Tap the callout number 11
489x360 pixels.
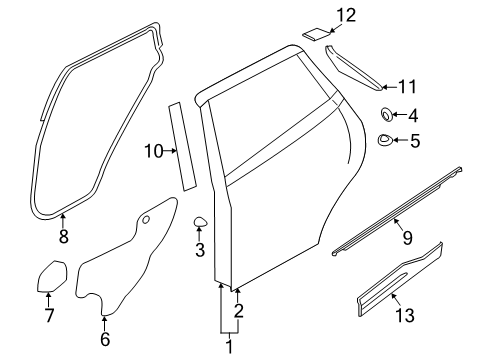coord(408,87)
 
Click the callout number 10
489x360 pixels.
coord(153,151)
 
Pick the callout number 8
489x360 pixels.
coord(63,237)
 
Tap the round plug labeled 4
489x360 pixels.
coord(386,115)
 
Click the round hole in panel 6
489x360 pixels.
coord(146,217)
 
